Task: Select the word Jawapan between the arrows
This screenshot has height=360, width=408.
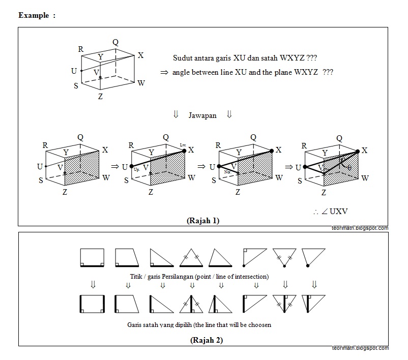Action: [202, 115]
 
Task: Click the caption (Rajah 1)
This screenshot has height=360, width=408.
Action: [203, 221]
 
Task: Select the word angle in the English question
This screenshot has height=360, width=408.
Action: [182, 72]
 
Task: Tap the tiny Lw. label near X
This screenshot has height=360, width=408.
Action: [184, 145]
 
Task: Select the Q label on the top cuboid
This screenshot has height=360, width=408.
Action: [115, 42]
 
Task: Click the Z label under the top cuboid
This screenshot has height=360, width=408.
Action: [100, 96]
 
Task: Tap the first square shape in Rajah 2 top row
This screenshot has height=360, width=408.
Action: [92, 257]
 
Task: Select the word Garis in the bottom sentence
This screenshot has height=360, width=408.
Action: [136, 324]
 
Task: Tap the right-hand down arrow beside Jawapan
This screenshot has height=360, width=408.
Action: [229, 115]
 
